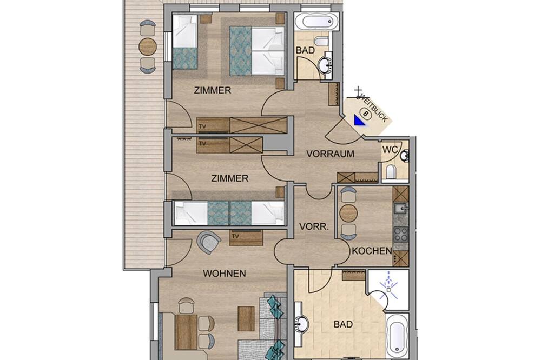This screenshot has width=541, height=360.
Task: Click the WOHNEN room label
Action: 225,274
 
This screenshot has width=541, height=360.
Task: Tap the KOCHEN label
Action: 372,251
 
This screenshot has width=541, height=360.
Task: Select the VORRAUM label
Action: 330,154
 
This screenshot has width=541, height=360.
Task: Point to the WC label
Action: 390,150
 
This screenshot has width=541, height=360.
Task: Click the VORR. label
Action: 314,226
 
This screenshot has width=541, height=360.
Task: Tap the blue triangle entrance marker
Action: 359,121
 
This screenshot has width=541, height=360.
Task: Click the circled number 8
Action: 365,113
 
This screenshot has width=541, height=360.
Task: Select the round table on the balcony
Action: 148,46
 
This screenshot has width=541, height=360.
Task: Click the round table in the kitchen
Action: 348,214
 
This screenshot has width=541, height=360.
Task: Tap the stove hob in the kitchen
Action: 401,235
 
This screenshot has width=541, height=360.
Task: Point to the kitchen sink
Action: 401,208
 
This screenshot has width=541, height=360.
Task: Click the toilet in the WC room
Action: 391,172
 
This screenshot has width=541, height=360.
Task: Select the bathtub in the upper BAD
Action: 317,22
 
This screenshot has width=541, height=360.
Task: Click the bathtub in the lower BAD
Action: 397,336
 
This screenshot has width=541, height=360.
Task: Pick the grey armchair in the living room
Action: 208,242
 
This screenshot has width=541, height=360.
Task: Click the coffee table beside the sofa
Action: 246,318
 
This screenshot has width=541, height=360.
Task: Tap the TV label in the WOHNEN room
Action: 236,236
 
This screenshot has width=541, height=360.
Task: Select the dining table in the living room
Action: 186,332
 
